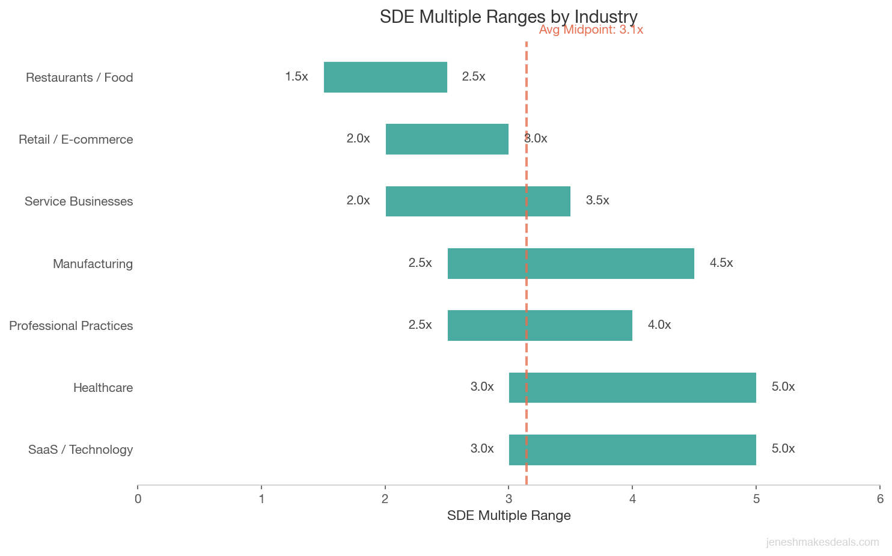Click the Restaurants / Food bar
coord(385,77)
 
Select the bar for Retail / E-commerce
coord(447,139)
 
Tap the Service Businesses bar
coord(478,201)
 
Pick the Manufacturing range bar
coord(570,263)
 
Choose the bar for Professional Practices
coord(540,325)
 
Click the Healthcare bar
coord(632,387)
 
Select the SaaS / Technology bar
coord(632,449)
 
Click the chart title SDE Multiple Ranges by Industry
coord(509,16)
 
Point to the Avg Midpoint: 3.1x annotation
coord(591,30)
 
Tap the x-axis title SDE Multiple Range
coord(509,515)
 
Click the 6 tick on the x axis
coord(880,499)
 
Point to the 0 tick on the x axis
coord(138,499)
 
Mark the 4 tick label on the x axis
coord(632,499)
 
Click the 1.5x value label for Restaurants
coord(296,76)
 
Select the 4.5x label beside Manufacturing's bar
coord(721,263)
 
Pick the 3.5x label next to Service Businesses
coord(597,200)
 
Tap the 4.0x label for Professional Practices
coord(659,325)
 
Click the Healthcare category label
coord(103,388)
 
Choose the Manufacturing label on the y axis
coord(93,264)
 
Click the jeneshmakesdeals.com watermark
coord(822,542)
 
